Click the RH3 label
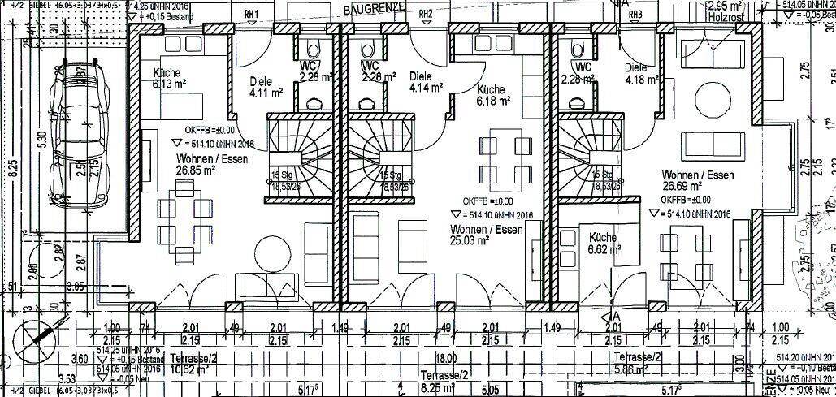(x=635, y=14)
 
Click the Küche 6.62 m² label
(x=602, y=244)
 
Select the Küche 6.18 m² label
(x=493, y=95)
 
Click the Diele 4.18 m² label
(x=641, y=74)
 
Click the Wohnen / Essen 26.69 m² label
(x=697, y=181)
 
